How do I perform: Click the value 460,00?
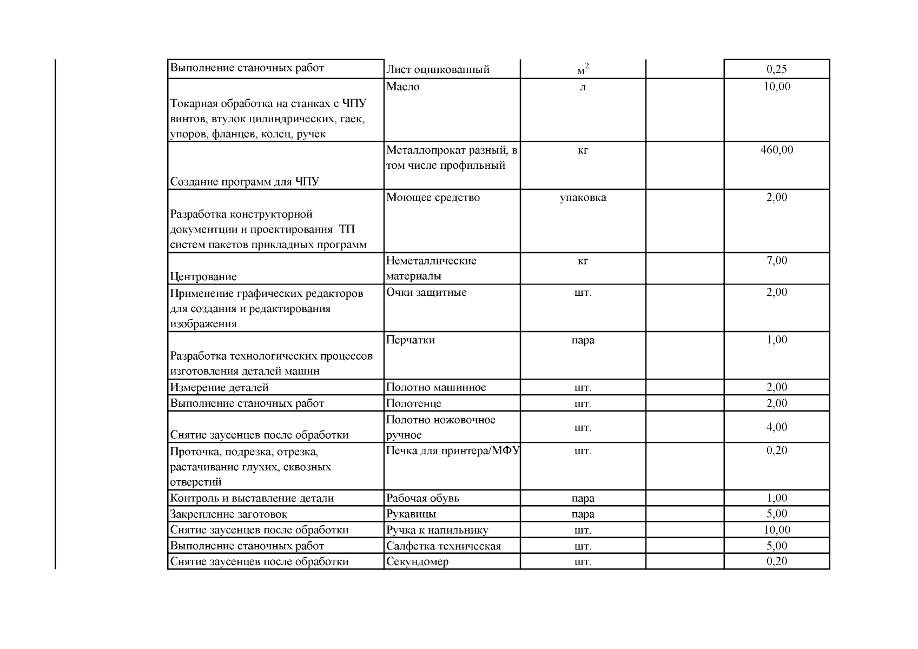[x=776, y=150]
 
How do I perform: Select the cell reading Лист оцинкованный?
[x=438, y=69]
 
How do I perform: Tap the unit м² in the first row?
[x=583, y=70]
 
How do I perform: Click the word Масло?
[x=403, y=87]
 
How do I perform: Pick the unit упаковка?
[x=583, y=198]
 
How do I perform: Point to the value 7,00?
[x=776, y=261]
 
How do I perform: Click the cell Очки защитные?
[x=426, y=293]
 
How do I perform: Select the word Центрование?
[x=203, y=277]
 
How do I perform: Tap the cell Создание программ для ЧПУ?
[x=245, y=182]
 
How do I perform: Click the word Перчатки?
[x=411, y=340]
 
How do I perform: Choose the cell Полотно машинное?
[x=436, y=387]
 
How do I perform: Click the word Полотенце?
[x=414, y=403]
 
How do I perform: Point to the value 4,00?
[x=776, y=427]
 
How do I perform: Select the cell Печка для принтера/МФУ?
[x=452, y=451]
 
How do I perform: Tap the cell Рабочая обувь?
[x=422, y=498]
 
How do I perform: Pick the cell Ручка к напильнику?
[x=437, y=530]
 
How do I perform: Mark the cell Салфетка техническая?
[x=444, y=546]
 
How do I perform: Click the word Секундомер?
[x=417, y=561]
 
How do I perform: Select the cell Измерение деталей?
[x=219, y=387]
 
